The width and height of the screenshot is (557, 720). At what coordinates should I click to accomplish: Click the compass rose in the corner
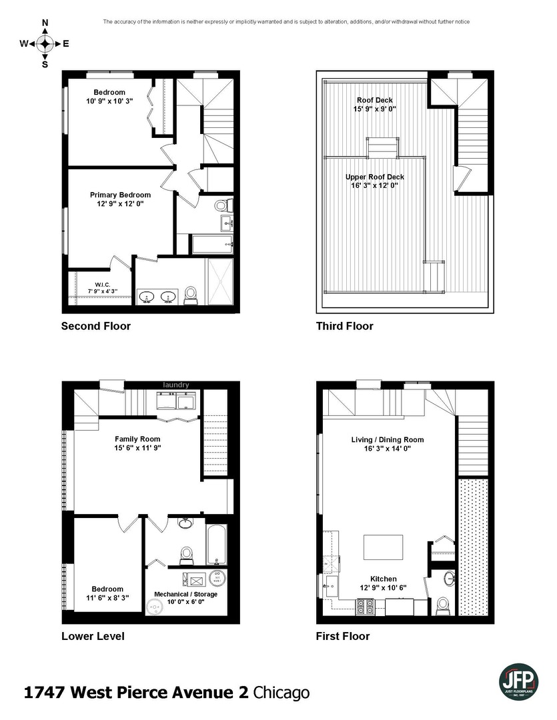pos(45,44)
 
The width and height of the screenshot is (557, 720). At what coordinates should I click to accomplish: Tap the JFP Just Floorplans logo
pos(519,681)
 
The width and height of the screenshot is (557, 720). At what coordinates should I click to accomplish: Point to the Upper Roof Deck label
pos(374,177)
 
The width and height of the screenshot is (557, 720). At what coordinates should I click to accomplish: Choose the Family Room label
pos(137,439)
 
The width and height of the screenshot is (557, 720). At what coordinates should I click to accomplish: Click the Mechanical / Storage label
pos(185,594)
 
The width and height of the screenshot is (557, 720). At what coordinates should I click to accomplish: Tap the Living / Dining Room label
pos(388,439)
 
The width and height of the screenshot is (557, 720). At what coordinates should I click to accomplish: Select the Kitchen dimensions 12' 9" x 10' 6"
pos(383,587)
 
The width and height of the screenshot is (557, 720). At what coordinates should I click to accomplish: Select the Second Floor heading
pos(95,326)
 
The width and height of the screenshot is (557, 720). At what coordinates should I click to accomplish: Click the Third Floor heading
pos(344,326)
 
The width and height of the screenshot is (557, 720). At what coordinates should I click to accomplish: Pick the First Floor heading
pos(342,636)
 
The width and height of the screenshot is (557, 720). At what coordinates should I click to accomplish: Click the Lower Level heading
pos(92,636)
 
